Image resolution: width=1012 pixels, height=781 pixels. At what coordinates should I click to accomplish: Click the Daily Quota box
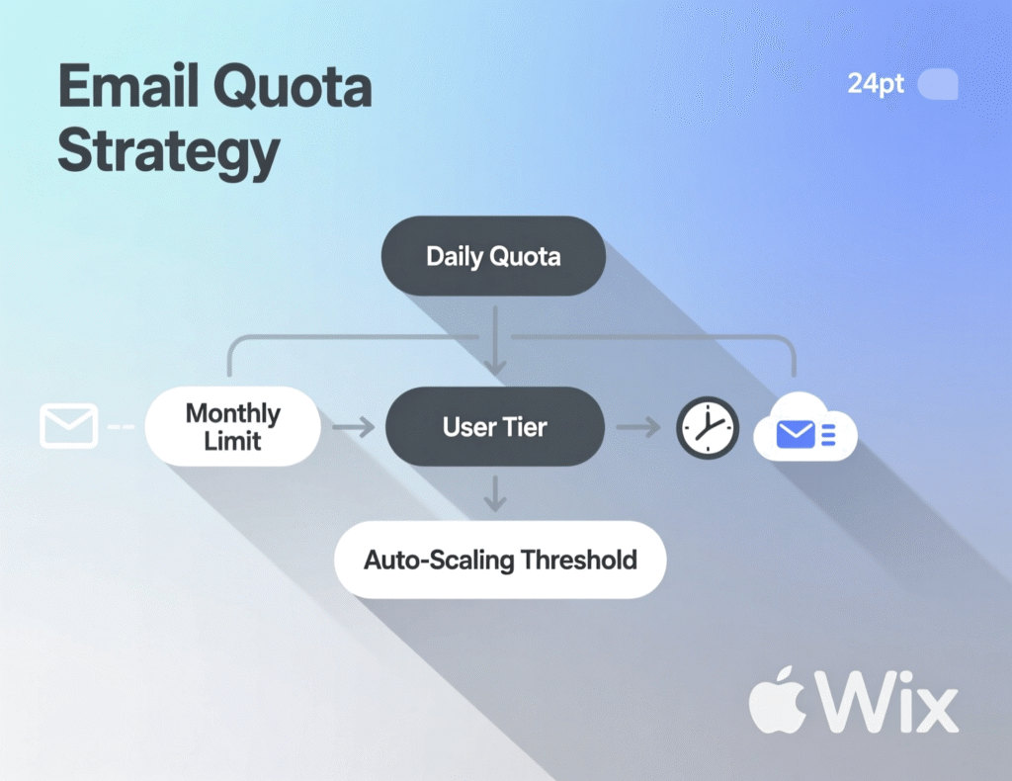493,257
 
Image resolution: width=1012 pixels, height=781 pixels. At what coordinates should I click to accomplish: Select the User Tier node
494,428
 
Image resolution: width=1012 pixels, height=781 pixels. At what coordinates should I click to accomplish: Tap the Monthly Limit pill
233,427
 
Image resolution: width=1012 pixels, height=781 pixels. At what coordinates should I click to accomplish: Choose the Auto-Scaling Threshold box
500,561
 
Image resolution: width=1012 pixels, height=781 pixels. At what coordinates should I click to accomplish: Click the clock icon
707,427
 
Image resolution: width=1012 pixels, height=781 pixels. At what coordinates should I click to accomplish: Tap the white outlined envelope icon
68,426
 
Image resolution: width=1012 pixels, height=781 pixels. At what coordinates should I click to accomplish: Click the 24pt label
876,84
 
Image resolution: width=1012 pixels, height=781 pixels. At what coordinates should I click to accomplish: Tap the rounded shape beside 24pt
938,84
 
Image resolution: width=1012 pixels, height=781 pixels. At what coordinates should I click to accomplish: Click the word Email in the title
127,89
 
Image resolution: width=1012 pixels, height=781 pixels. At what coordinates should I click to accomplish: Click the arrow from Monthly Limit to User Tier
353,428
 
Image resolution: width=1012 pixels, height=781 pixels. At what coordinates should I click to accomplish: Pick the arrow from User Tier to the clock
638,428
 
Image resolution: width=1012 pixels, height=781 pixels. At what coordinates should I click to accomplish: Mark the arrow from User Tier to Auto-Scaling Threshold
495,493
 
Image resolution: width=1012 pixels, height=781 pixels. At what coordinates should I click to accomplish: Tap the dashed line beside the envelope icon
121,427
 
